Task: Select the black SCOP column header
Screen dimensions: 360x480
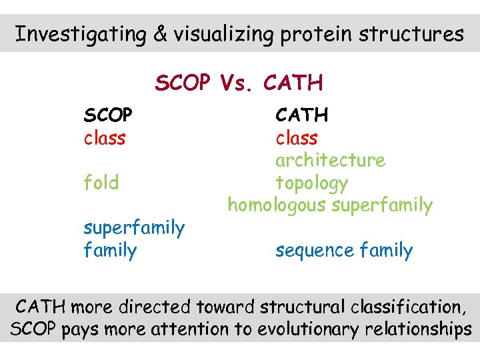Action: pos(107,115)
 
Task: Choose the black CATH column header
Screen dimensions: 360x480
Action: pos(302,115)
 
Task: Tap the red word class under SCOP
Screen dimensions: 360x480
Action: pos(104,138)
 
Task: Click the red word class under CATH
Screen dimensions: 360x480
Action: pos(297,138)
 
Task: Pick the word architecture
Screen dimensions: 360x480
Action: pos(330,161)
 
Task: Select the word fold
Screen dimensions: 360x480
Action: pos(101,183)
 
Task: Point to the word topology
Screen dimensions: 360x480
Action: pos(311,183)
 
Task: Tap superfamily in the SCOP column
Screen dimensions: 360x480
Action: pos(134,228)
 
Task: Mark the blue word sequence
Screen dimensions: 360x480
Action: pos(315,251)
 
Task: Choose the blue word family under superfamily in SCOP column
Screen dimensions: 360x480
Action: pos(110,251)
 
